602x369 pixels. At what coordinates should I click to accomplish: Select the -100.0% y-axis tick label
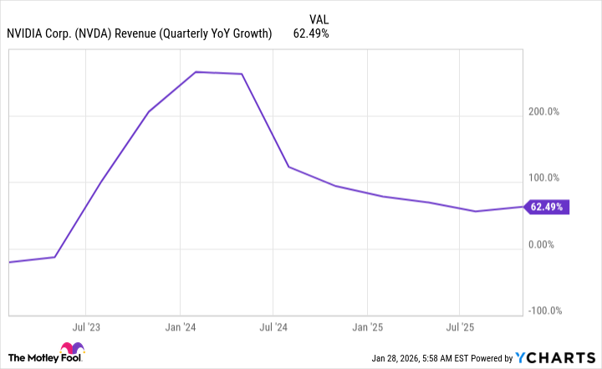545,310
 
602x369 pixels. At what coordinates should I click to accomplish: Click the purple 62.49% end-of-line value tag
547,207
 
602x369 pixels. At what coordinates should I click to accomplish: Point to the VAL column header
319,18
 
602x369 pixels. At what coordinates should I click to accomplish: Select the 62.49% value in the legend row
310,34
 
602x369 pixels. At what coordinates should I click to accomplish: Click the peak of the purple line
196,72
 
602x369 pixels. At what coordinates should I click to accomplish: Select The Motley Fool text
28,355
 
